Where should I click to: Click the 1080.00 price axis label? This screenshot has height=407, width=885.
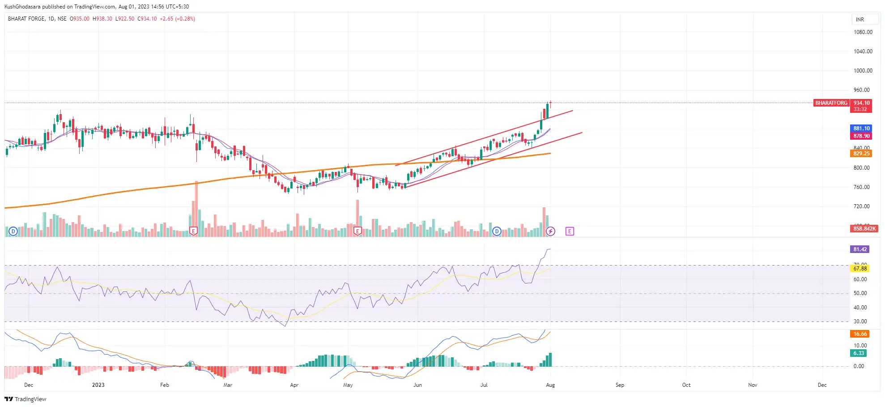(x=863, y=32)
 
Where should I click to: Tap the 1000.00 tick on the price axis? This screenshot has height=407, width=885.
(x=863, y=71)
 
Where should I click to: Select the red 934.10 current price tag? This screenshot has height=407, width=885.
(x=861, y=103)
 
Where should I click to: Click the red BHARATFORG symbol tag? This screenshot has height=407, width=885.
(x=831, y=103)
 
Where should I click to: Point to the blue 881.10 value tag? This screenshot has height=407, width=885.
(x=861, y=129)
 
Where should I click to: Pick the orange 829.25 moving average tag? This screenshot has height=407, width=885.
(x=861, y=154)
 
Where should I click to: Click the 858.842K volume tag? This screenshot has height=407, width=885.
(x=864, y=229)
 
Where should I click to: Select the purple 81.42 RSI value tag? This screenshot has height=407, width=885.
(x=860, y=249)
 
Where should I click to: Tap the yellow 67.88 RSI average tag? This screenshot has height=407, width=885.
(x=860, y=269)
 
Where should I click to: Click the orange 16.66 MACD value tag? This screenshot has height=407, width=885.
(x=860, y=334)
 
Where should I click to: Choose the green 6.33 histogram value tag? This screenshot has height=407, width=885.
(x=859, y=353)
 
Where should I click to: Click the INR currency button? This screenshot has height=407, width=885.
(x=859, y=20)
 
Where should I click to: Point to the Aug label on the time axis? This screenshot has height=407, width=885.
(x=550, y=385)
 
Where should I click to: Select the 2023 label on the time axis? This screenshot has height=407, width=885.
(x=98, y=385)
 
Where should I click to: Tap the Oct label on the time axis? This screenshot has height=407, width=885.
(x=686, y=385)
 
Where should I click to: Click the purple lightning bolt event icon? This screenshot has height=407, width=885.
(x=550, y=231)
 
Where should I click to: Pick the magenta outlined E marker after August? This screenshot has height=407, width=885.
(x=570, y=231)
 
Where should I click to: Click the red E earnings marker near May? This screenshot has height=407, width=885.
(x=357, y=231)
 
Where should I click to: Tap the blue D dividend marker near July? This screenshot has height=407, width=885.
(x=497, y=231)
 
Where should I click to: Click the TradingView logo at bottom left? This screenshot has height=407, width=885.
(x=26, y=399)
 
